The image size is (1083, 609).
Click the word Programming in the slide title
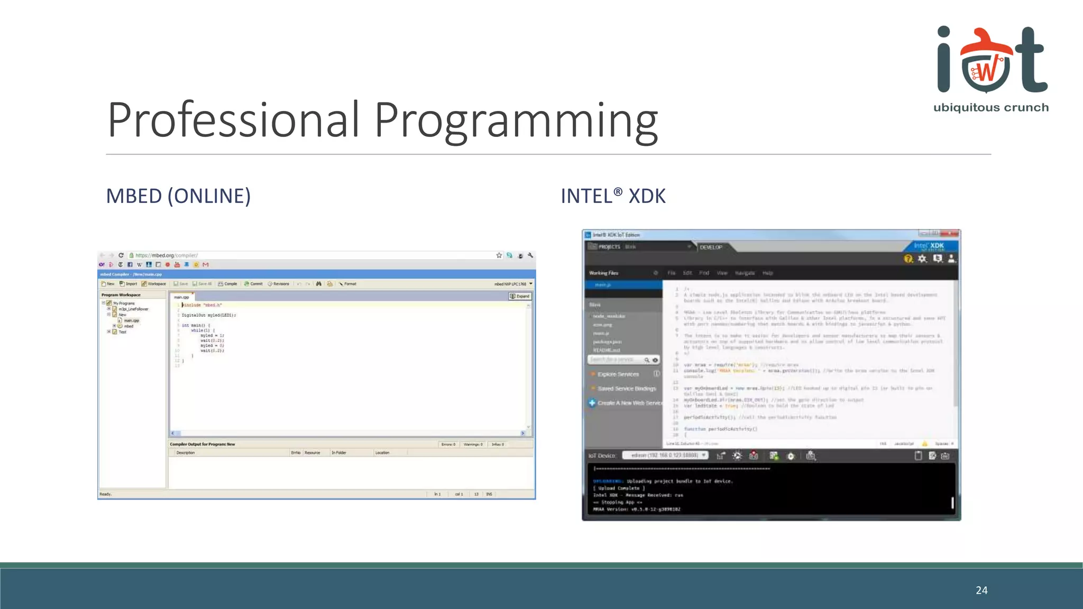516,122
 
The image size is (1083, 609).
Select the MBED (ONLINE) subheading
178,196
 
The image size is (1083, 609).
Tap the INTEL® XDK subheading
613,196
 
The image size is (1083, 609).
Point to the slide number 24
981,590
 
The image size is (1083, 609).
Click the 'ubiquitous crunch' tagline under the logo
990,108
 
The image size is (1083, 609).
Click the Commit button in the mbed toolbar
254,284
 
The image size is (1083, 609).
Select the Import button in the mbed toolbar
129,284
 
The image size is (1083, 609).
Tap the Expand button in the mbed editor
520,296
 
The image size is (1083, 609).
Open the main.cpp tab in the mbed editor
181,297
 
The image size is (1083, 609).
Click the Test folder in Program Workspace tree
122,332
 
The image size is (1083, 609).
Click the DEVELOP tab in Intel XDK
711,247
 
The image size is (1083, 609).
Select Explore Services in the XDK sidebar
618,374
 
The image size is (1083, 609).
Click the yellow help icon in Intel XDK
908,259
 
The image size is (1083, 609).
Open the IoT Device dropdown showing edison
665,455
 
